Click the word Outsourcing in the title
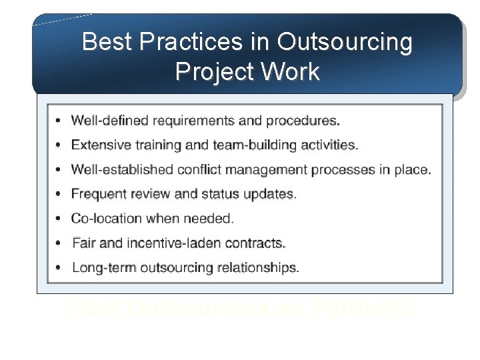[345, 42]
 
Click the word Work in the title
[291, 71]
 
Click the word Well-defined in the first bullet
[110, 121]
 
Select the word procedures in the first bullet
[301, 121]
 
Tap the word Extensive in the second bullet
[99, 145]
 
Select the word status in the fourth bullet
[221, 194]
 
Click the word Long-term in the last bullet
[103, 268]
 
